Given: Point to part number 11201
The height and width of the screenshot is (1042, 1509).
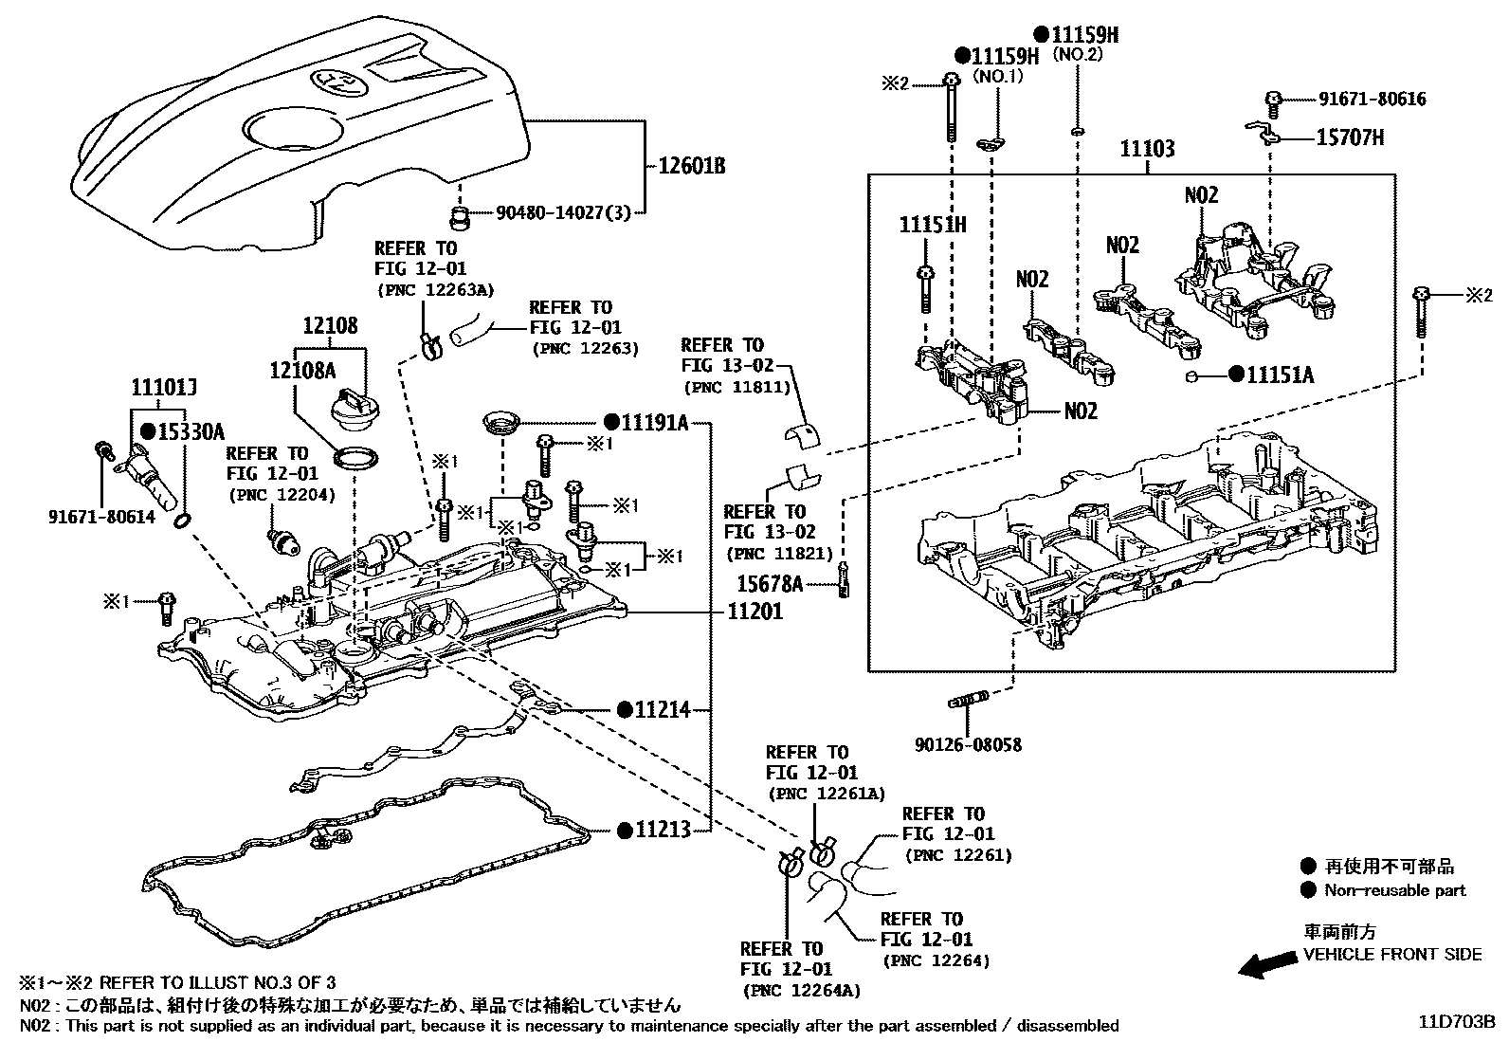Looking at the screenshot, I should coord(755,612).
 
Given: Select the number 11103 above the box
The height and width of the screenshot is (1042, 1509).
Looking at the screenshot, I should coord(1147,149).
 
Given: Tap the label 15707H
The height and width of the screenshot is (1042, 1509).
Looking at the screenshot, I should coord(1350,138).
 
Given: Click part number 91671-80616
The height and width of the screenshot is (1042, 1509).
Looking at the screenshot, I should coord(1372,99).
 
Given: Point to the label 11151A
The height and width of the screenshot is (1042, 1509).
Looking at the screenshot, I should coord(1281,375).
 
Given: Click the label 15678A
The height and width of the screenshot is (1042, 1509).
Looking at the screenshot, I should coord(771,584).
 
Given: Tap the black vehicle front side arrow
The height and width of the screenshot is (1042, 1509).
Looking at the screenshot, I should coord(1268,965).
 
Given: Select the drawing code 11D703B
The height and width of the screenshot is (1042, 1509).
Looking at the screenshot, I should coord(1456,1023).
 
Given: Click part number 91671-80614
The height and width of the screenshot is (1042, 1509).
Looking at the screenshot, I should coord(102,517).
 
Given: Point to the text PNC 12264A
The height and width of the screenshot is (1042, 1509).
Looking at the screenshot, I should coord(802,990).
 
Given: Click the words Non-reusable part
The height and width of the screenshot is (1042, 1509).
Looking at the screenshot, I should coord(1395,890).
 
